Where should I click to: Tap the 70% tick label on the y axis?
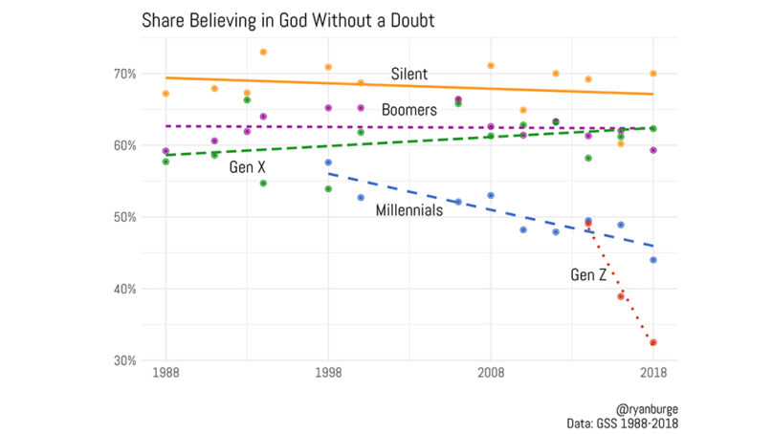[126, 74]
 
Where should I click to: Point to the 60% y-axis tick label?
[126, 145]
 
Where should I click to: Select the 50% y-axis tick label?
[126, 217]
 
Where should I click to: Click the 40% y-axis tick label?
[126, 289]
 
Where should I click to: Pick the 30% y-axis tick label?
[126, 360]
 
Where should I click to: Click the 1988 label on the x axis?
[165, 373]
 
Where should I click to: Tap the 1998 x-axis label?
[328, 373]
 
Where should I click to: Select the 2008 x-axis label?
[491, 373]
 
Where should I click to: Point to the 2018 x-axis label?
[653, 373]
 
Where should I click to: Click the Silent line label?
[408, 74]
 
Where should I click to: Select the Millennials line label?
[408, 210]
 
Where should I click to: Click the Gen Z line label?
[588, 275]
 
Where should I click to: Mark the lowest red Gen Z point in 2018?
[653, 342]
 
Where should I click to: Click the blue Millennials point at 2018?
[653, 260]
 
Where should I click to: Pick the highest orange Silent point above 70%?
[263, 52]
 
